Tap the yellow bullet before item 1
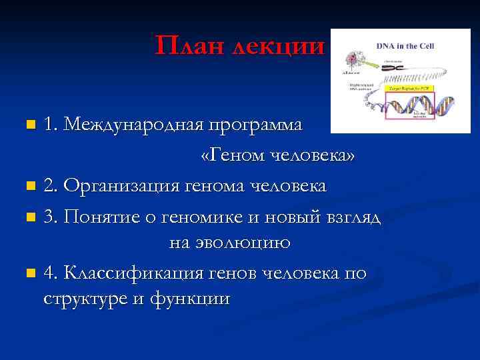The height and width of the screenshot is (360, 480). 29,125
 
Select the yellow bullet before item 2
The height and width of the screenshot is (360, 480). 29,185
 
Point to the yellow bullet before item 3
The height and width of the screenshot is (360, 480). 29,217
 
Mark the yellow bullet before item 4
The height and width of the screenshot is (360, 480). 29,273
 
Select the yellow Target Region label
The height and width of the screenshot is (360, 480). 411,88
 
